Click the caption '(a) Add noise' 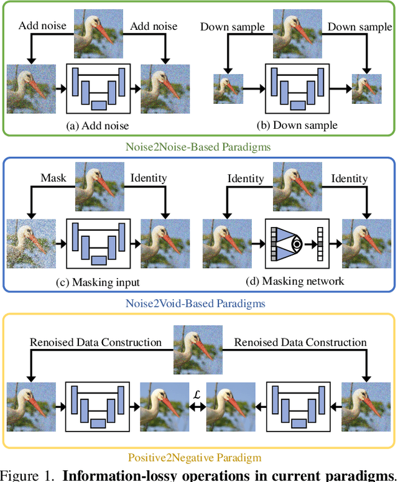pyautogui.click(x=98, y=126)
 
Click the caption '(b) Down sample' pyautogui.click(x=297, y=126)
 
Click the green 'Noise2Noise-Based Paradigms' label pyautogui.click(x=198, y=146)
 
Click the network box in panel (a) pyautogui.click(x=98, y=88)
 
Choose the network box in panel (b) pyautogui.click(x=297, y=88)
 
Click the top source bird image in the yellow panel pyautogui.click(x=198, y=352)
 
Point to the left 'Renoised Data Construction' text pyautogui.click(x=96, y=342)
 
